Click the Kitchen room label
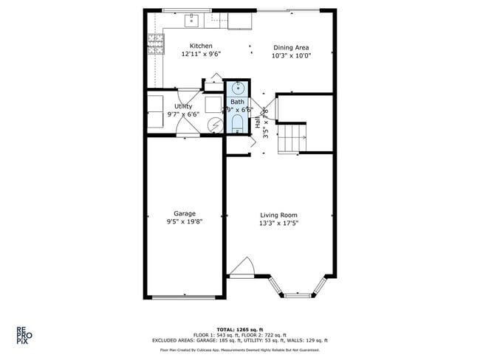tap(201, 46)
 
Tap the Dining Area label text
tap(291, 47)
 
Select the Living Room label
tap(278, 215)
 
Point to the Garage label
tap(185, 213)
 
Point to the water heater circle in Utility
tap(213, 125)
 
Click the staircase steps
tap(292, 137)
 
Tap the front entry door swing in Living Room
tap(242, 267)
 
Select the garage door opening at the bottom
tap(183, 297)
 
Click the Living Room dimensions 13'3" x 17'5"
tap(278, 224)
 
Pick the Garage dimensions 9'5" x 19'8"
tap(185, 222)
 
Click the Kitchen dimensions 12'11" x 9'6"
tap(201, 55)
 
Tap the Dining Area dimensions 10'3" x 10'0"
tap(291, 56)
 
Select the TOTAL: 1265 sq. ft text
tap(241, 329)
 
